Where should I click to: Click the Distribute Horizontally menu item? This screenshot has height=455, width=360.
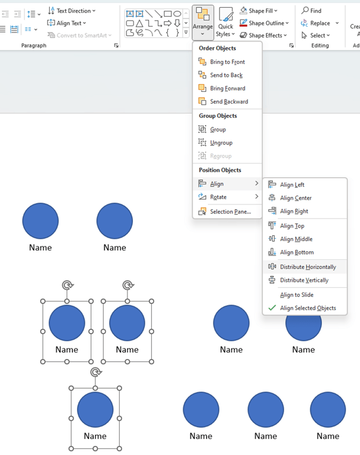[x=307, y=267]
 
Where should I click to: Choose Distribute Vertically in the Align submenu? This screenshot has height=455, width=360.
[x=304, y=280]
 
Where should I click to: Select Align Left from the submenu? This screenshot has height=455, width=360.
[x=292, y=185]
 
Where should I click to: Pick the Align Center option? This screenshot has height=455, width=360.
[x=295, y=198]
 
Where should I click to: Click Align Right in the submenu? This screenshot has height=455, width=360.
[x=294, y=211]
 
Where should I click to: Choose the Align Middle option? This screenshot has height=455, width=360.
[x=296, y=239]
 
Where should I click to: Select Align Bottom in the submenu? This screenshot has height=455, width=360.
[x=297, y=252]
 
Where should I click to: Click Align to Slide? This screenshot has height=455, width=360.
[x=297, y=294]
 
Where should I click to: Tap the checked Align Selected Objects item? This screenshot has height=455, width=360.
[x=307, y=308]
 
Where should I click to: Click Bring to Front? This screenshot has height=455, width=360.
[x=227, y=62]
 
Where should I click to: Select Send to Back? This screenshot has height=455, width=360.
[x=226, y=75]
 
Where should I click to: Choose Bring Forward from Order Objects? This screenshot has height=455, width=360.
[x=227, y=88]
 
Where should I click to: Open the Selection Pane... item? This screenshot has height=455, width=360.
[x=230, y=212]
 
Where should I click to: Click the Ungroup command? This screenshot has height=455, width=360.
[x=221, y=143]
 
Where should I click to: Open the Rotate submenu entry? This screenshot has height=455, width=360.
[x=218, y=197]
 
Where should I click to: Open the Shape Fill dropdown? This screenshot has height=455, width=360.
[x=259, y=11]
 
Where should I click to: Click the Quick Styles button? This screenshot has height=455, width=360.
[x=225, y=23]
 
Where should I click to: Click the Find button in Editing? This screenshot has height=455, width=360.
[x=312, y=11]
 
